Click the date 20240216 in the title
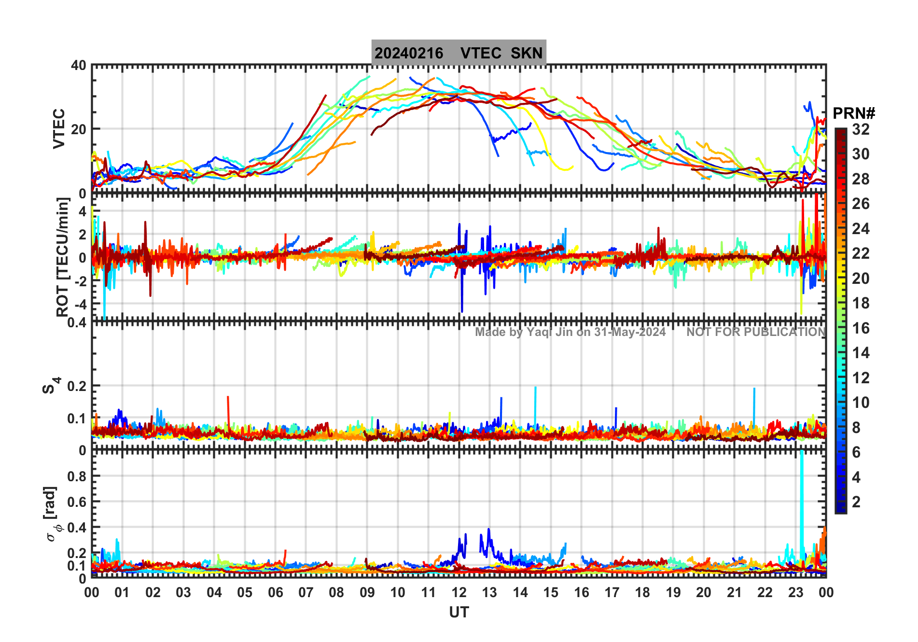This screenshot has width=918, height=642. click(x=408, y=53)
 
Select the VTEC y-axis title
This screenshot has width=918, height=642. click(x=59, y=128)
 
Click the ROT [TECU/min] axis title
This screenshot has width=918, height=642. click(x=62, y=257)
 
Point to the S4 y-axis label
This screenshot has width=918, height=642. click(x=50, y=386)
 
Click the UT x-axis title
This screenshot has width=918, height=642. click(x=459, y=613)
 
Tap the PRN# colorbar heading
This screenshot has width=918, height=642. click(x=854, y=113)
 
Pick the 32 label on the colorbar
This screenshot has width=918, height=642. click(x=861, y=129)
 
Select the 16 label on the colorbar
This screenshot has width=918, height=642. click(x=861, y=328)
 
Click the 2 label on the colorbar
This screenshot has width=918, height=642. click(x=856, y=502)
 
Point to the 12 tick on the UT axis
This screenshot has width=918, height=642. click(x=459, y=592)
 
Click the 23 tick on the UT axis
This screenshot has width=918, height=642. click(x=795, y=592)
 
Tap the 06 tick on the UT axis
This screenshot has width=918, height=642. click(x=275, y=592)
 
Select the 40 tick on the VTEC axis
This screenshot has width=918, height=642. click(x=79, y=66)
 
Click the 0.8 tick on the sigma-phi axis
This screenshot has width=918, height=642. click(x=77, y=476)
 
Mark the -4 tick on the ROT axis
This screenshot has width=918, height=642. click(x=79, y=304)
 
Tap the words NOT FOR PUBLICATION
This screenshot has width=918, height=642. click(x=756, y=332)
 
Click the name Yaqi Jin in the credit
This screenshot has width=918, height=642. click(x=550, y=332)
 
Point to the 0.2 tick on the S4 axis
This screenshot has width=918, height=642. click(x=77, y=386)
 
